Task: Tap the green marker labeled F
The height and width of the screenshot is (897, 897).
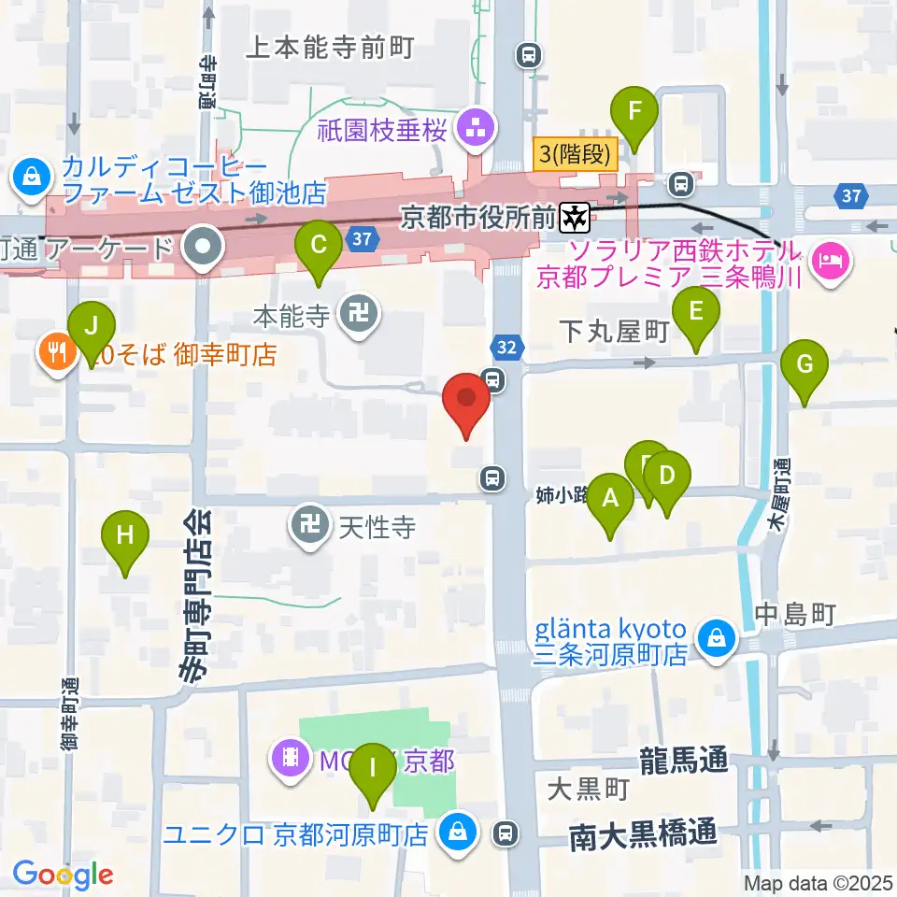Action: [x=634, y=113]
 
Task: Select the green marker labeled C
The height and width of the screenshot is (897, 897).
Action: [x=318, y=247]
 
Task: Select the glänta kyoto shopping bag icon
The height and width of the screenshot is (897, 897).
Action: [x=715, y=642]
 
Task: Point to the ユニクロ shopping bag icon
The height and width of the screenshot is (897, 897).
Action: [x=459, y=829]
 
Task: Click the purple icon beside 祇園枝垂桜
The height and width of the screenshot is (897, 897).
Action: [x=475, y=129]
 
